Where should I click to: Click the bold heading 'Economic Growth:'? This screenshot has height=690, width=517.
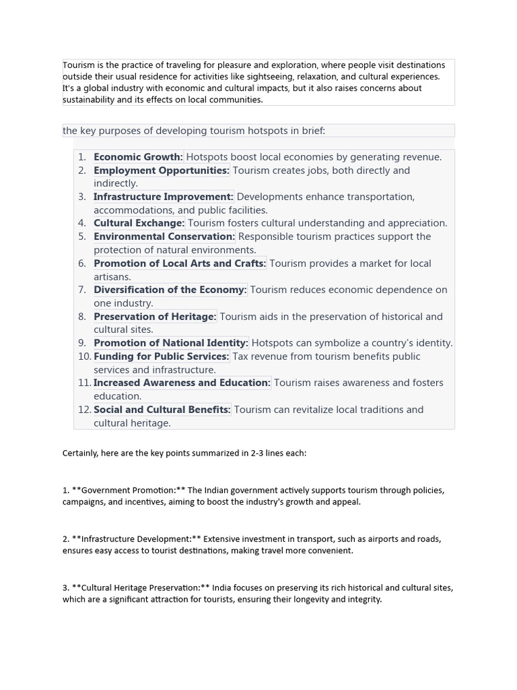click(138, 157)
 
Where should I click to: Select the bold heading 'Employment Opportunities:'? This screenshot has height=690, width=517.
click(162, 170)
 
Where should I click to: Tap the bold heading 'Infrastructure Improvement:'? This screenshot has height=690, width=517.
click(164, 197)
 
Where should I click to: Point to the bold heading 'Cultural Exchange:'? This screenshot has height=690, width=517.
click(139, 223)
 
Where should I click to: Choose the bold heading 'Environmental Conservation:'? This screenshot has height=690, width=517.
click(164, 237)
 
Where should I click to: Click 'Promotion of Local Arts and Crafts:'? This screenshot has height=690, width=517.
click(180, 263)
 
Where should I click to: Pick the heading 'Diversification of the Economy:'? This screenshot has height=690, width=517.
click(170, 290)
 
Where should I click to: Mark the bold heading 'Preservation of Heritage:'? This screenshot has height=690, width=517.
click(155, 317)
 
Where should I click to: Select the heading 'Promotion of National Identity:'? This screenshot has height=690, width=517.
click(171, 343)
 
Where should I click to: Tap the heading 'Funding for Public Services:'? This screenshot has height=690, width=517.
click(162, 356)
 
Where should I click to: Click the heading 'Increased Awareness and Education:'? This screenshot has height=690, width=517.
click(182, 383)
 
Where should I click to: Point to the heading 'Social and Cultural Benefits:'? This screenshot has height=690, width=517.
click(162, 410)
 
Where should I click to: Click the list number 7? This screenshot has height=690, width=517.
click(82, 290)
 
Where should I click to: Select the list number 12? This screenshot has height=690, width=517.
click(84, 410)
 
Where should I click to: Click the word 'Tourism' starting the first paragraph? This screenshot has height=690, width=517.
click(78, 65)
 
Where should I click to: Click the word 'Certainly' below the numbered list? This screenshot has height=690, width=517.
click(80, 453)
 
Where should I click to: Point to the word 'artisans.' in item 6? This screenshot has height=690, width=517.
click(112, 277)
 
